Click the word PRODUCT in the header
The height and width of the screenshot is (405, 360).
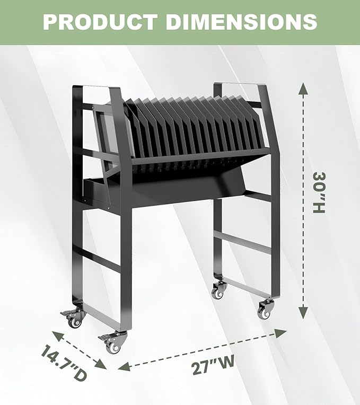pyautogui.click(x=100, y=22)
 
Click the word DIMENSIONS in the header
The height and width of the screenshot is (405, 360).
pyautogui.click(x=241, y=22)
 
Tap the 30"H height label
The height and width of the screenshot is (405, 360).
pyautogui.click(x=319, y=192)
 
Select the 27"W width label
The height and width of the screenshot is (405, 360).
pyautogui.click(x=213, y=365)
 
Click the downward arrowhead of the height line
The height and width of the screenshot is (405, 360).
pyautogui.click(x=303, y=313)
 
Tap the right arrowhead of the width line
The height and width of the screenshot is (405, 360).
pyautogui.click(x=280, y=333)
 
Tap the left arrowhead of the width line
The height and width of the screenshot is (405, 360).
pyautogui.click(x=124, y=366)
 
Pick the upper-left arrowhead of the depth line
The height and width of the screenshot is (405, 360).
pyautogui.click(x=58, y=336)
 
